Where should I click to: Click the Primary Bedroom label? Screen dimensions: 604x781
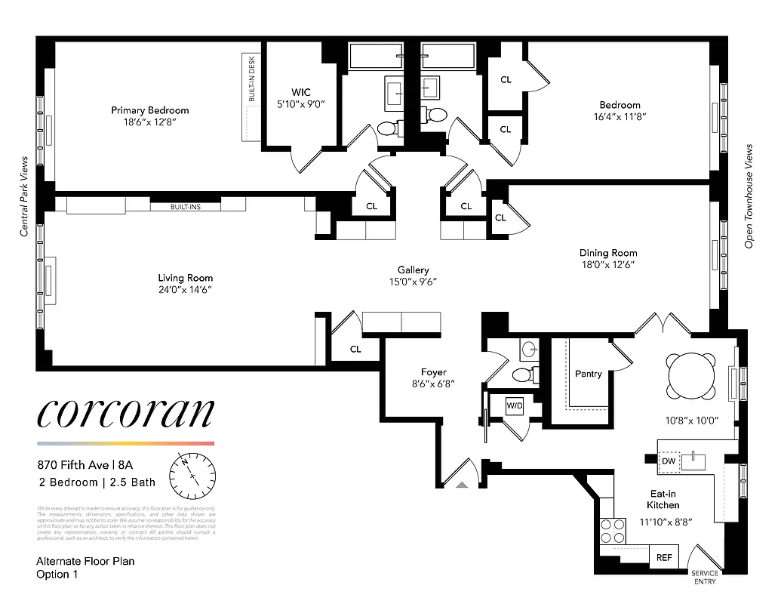point(149,110)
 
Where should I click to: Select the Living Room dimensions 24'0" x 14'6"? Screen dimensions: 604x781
point(185,289)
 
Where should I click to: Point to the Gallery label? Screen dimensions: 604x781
point(414,270)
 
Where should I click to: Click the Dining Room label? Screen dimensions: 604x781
point(607,253)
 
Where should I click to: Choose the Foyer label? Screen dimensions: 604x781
point(433,372)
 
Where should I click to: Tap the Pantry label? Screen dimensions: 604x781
point(588,374)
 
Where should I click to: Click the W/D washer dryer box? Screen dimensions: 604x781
point(515,405)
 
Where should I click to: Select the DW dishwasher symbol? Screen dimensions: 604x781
point(669,461)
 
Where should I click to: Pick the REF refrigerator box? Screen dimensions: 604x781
point(663,558)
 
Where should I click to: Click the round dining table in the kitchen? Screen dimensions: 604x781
point(690,375)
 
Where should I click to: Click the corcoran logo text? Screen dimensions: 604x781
point(125,413)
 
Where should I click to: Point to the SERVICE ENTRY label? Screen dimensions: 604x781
point(705,577)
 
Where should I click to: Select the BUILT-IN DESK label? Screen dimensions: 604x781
point(252,82)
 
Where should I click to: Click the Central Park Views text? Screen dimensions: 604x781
point(24,196)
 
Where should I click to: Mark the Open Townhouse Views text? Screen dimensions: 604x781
point(749,196)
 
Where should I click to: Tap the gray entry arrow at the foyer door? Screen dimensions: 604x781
point(464,486)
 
